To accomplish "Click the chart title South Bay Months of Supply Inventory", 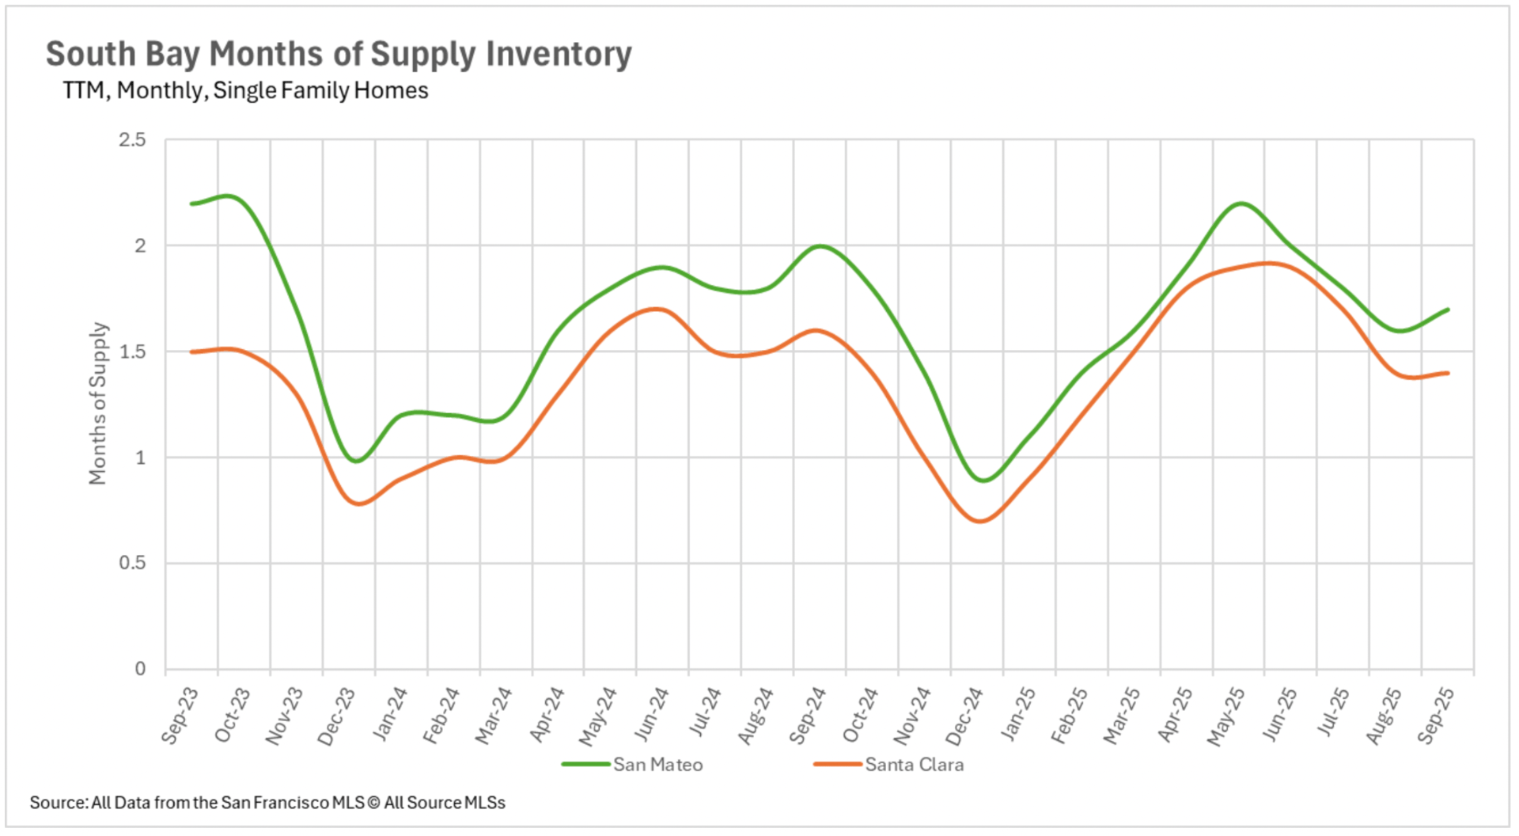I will coord(339,54).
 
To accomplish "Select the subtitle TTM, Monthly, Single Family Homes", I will coord(245,90).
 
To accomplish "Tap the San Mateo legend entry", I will coord(657,765).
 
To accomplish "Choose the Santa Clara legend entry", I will coord(914,765).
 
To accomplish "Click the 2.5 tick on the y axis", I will coord(133,140).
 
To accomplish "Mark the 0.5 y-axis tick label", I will coord(133,563).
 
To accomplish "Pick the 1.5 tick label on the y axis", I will coord(133,351).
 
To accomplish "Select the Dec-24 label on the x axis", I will coord(964,716).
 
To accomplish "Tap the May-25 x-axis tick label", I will coord(1226,716).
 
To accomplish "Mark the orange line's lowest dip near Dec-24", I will coord(980,521).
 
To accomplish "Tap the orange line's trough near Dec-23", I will coord(358,503).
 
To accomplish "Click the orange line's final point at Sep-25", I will coord(1448,373).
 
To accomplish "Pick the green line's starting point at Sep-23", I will coord(192,203).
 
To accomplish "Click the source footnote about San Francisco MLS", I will coord(267,803).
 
